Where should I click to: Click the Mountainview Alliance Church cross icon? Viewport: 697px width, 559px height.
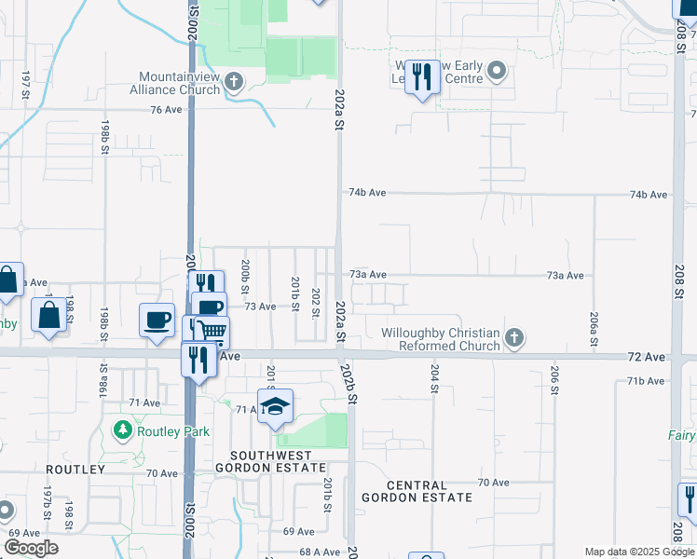[x=233, y=83]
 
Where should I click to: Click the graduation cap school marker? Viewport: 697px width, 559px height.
[x=275, y=407]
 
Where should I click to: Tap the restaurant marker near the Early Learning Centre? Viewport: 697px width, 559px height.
[x=423, y=77]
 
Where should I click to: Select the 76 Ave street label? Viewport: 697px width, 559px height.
[x=165, y=109]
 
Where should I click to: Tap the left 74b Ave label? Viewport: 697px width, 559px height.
[x=367, y=193]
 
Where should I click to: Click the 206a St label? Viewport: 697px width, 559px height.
[x=594, y=329]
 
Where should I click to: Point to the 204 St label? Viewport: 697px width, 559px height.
[x=434, y=378]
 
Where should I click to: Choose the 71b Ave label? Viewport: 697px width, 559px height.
[x=647, y=381]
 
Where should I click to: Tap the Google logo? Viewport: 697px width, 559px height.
[x=31, y=548]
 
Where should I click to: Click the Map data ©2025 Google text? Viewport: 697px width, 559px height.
[x=638, y=552]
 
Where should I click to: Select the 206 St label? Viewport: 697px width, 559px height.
[x=553, y=379]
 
